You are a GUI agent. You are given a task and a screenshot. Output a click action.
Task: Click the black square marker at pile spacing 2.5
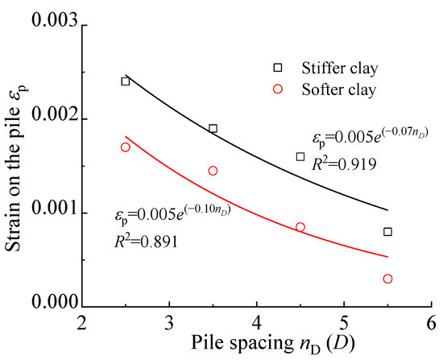pos(125,81)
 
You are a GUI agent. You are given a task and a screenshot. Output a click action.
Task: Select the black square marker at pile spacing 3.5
pos(213,128)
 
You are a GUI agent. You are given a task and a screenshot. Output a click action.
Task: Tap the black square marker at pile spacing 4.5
pos(300,156)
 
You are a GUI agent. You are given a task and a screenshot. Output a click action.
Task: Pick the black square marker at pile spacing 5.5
pos(388,232)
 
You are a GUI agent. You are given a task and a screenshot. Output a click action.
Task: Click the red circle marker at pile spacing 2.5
pos(125,147)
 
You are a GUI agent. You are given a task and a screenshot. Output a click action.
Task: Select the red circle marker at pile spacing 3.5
pos(213,171)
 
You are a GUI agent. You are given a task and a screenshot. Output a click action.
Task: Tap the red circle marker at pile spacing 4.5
pos(300,227)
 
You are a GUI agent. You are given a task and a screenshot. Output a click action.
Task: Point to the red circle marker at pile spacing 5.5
pos(388,279)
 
